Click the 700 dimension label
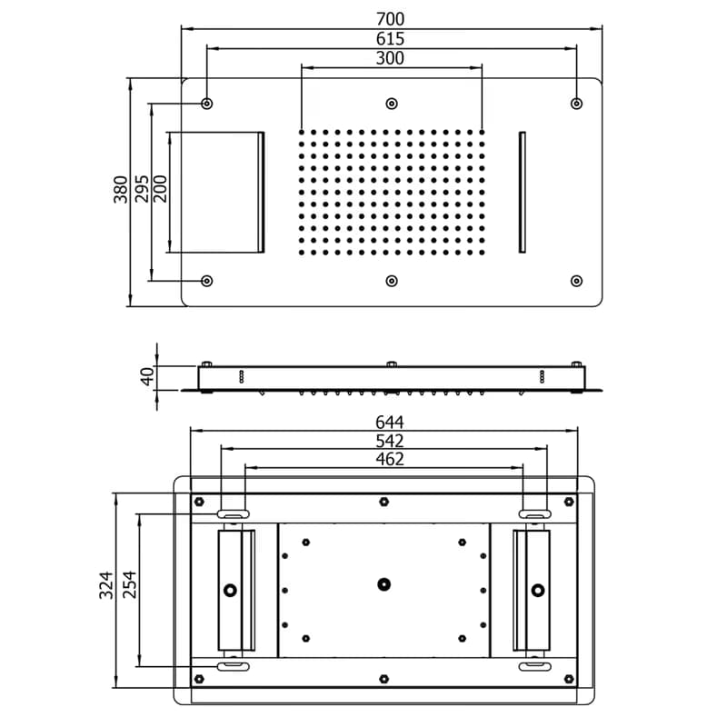(x=390, y=19)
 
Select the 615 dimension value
(x=390, y=38)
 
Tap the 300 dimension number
(x=390, y=58)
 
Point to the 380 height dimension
(x=121, y=189)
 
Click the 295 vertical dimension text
(x=142, y=189)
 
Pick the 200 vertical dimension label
(x=160, y=189)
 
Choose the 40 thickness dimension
(x=147, y=376)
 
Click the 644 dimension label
(x=390, y=423)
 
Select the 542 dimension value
(x=390, y=441)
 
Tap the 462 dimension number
(x=390, y=460)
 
